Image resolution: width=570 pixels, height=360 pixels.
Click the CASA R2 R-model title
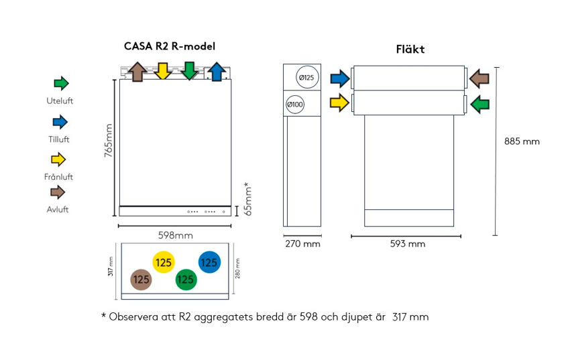[170, 46]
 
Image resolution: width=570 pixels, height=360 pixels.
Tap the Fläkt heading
[410, 50]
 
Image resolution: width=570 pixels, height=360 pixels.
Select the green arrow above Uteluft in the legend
[61, 84]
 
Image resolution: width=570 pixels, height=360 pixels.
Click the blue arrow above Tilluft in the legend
[60, 122]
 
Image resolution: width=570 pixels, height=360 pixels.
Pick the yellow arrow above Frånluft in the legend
[60, 160]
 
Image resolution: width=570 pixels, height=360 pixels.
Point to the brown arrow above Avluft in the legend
[60, 192]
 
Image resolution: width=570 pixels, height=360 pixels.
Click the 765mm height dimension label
[108, 140]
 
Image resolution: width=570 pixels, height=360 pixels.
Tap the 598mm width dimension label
[175, 235]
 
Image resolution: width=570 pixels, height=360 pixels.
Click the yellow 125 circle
[164, 263]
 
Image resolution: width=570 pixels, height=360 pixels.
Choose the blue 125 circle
[209, 263]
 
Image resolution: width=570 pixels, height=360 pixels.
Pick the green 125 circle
[186, 280]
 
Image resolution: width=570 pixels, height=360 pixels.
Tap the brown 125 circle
[141, 280]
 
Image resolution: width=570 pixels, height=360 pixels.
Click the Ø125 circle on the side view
[305, 78]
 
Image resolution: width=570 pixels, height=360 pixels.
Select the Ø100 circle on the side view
[295, 105]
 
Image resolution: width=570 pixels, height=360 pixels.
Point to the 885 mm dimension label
[522, 141]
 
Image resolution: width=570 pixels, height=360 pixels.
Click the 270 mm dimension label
[302, 244]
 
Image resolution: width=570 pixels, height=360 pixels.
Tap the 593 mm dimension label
[408, 244]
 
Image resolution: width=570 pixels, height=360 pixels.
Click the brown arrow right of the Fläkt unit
[479, 79]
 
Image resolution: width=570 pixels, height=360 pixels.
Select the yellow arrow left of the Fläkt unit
[339, 103]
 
